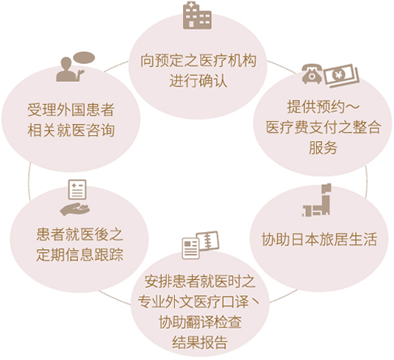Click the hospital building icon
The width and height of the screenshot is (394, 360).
tap(197, 15)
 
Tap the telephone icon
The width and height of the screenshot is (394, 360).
tap(312, 74)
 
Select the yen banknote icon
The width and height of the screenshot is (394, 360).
tap(341, 75)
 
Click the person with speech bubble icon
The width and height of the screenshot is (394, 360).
tap(75, 66)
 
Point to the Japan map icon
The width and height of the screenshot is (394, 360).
tap(317, 200)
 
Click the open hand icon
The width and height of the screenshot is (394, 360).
tap(75, 209)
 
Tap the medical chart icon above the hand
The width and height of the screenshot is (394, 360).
tap(77, 190)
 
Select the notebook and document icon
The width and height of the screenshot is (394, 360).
tap(200, 245)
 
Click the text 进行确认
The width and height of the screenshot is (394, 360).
tap(198, 81)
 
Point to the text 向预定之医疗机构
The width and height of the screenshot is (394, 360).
tap(198, 61)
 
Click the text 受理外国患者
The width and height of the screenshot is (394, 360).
tap(71, 109)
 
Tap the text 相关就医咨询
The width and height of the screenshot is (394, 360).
tap(71, 130)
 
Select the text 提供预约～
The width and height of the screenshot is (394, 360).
tap(323, 107)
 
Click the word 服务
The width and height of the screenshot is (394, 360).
tap(323, 147)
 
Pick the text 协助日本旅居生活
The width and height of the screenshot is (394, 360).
tap(319, 240)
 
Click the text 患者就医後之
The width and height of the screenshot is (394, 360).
tap(79, 234)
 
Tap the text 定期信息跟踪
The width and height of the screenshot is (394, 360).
tap(79, 255)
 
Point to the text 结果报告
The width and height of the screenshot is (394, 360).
tap(200, 342)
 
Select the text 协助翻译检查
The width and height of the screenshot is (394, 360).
tap(200, 322)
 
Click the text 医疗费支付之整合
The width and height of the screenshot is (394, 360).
tap(323, 127)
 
